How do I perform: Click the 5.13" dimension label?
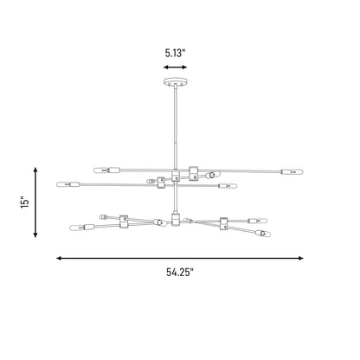175,53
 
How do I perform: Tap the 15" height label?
25,202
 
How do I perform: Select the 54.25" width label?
180,273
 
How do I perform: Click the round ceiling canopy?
176,81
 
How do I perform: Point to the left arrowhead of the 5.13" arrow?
165,67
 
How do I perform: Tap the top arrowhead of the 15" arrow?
35,170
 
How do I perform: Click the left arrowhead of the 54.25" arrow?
59,258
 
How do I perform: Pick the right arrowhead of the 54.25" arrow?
301,258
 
